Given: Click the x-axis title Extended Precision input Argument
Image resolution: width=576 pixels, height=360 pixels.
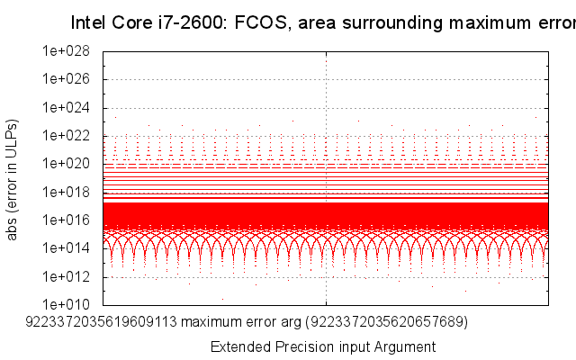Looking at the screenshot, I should pos(322,346).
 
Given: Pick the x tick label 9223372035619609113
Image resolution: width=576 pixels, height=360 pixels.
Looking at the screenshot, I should pos(103,319).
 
